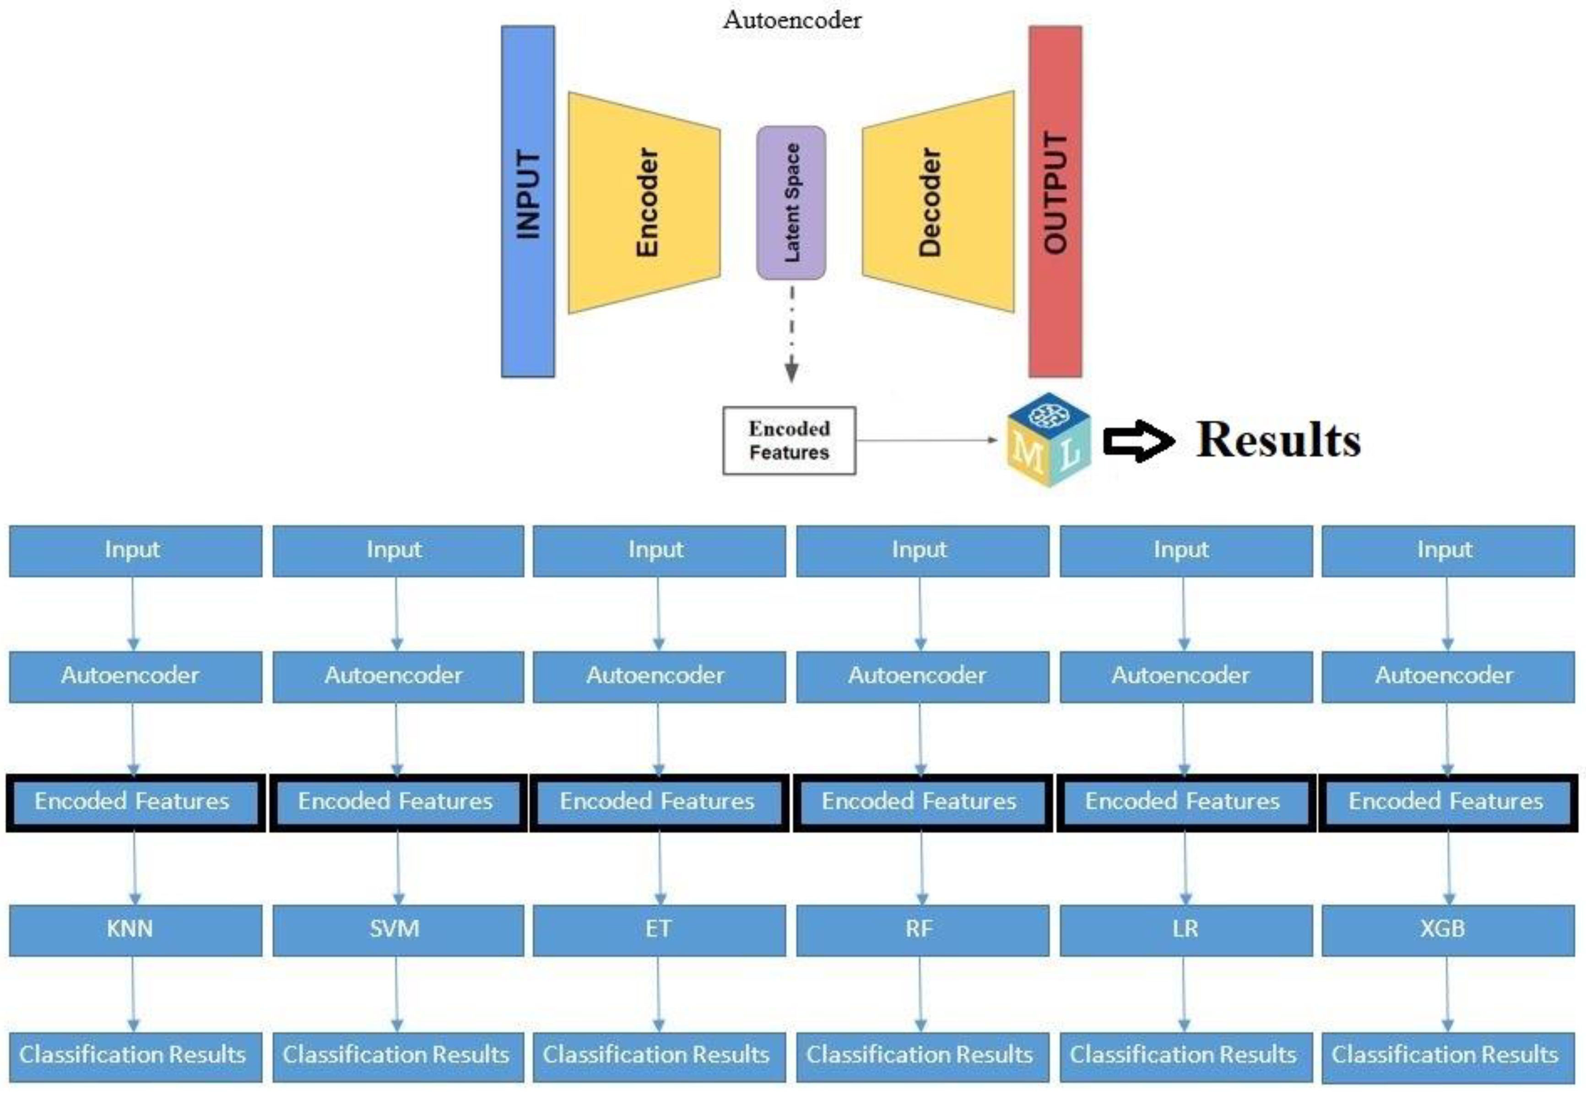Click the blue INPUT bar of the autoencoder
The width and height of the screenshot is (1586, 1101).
(x=527, y=201)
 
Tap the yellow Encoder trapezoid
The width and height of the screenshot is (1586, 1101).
(x=644, y=202)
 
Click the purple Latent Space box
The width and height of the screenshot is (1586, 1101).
(x=791, y=202)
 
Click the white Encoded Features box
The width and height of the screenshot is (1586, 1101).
(x=789, y=440)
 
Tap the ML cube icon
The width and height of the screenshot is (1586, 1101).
(x=1048, y=440)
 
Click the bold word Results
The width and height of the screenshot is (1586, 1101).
(x=1278, y=439)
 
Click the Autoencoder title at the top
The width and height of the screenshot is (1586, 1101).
(x=791, y=20)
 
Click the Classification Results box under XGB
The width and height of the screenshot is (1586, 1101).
(x=1447, y=1056)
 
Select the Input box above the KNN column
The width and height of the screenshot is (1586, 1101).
(x=135, y=550)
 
